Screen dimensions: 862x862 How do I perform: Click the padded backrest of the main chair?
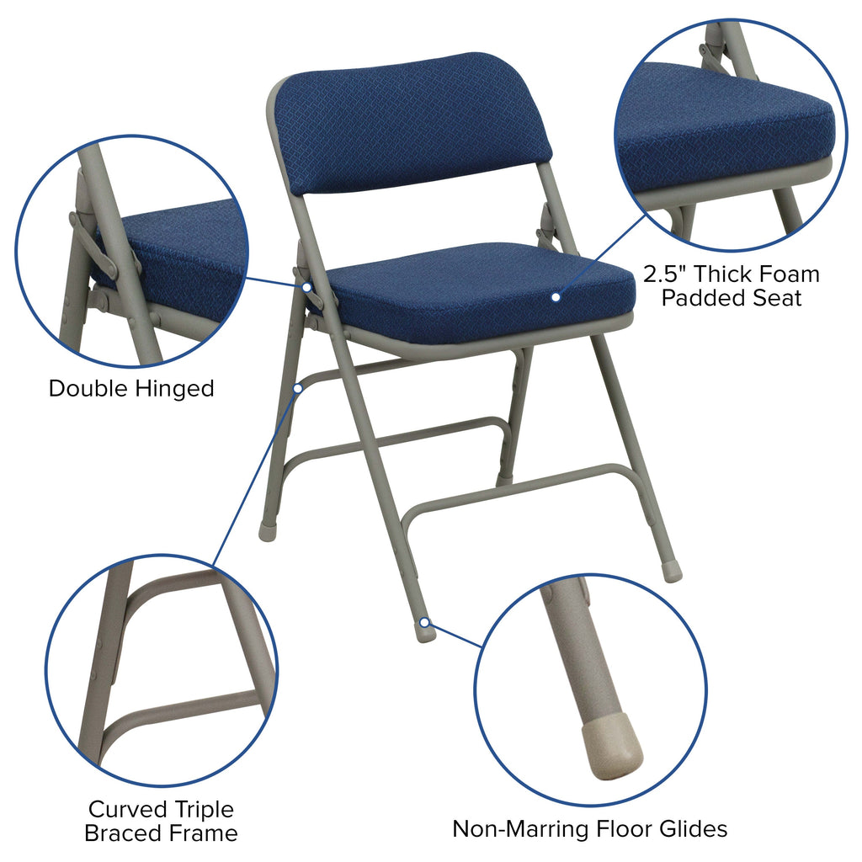412,122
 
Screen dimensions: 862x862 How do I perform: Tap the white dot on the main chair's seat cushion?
556,296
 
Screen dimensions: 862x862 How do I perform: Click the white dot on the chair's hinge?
307,287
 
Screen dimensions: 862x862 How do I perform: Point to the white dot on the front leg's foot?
425,623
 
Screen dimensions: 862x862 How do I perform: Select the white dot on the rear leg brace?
298,388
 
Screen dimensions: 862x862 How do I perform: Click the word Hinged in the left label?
174,389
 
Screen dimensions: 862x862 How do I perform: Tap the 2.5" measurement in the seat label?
665,274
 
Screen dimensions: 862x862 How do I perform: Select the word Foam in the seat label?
784,274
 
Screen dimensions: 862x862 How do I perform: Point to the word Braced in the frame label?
125,833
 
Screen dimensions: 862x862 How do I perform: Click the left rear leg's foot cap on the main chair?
267,533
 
